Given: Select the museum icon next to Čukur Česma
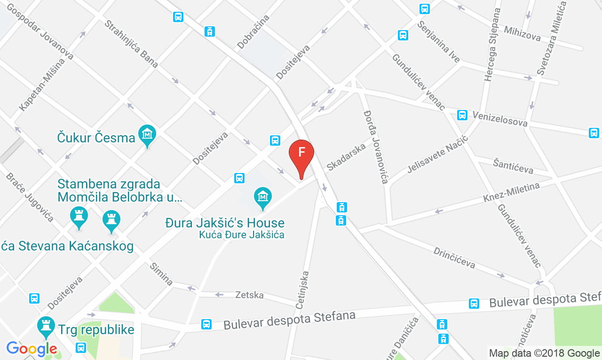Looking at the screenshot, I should (x=148, y=134).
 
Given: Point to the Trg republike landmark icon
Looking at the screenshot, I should (x=46, y=326).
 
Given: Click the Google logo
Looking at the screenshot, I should (x=32, y=349).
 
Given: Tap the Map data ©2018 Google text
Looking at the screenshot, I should (x=544, y=353).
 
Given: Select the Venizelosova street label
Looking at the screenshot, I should (x=500, y=119).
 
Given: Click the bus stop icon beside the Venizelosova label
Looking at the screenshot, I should (x=462, y=115).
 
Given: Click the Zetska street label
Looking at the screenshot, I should (x=249, y=295).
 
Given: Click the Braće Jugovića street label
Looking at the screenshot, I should (x=29, y=197).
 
